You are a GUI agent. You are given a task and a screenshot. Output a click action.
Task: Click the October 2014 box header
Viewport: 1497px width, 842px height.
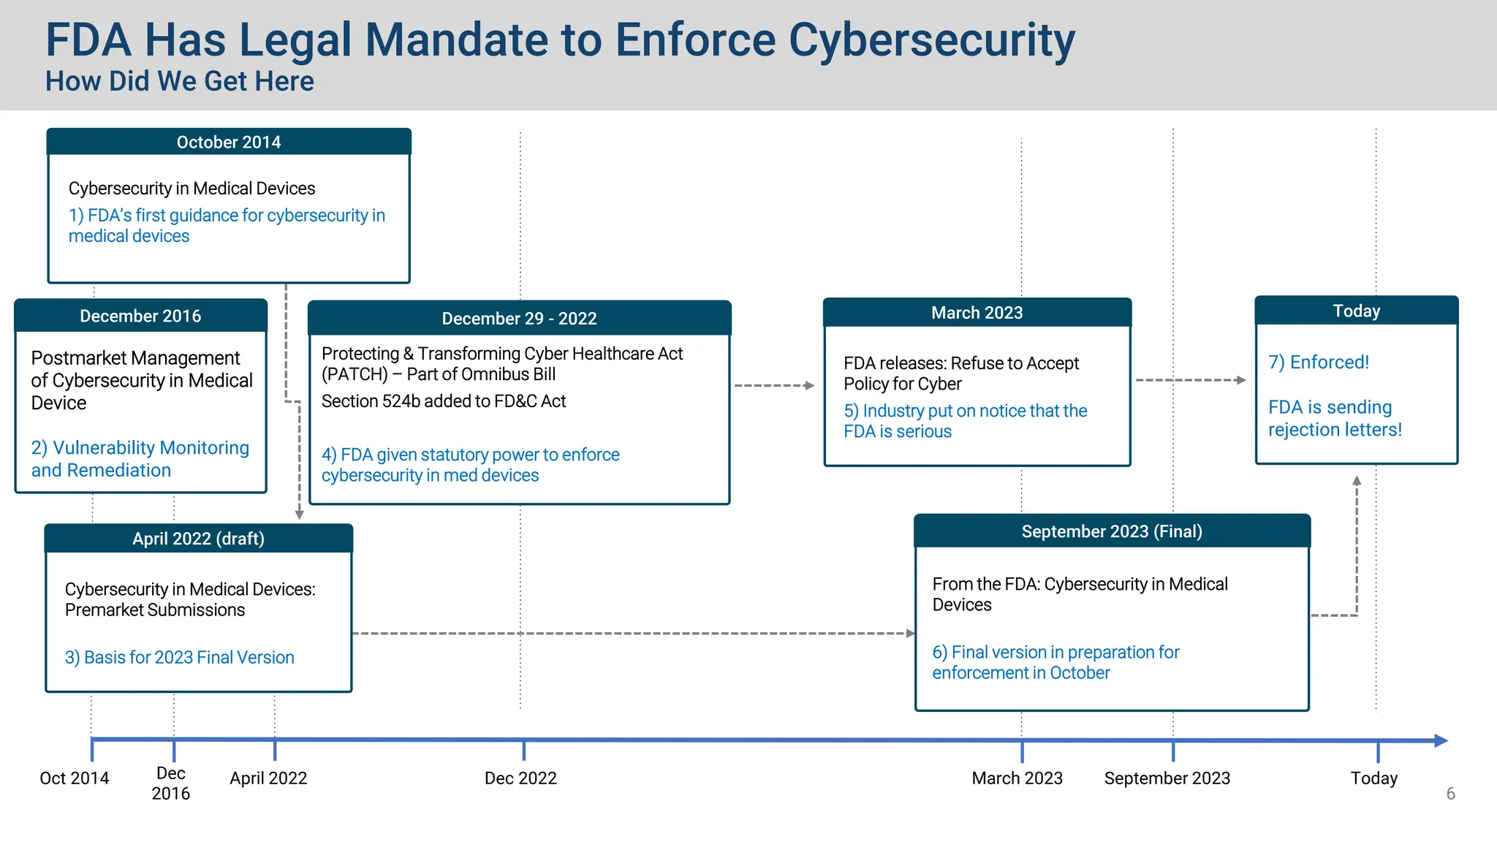click(x=228, y=142)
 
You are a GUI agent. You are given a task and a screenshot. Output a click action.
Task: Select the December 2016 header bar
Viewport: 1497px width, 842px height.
click(x=140, y=316)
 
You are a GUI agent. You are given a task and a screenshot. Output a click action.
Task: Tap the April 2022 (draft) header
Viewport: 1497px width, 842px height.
click(x=198, y=539)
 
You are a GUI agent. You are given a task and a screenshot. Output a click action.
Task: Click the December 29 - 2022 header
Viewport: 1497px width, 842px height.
click(x=519, y=319)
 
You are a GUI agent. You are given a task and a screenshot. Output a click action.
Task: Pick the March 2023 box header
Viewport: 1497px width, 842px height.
click(x=977, y=313)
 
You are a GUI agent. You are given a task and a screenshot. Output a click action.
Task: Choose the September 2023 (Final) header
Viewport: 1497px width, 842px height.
click(x=1111, y=531)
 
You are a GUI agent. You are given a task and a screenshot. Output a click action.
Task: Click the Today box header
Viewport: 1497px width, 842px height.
click(x=1356, y=311)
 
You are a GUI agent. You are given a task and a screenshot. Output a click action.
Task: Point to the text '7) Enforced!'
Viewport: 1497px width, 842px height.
click(x=1318, y=363)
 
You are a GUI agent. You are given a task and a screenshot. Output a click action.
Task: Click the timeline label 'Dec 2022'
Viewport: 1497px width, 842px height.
click(x=520, y=778)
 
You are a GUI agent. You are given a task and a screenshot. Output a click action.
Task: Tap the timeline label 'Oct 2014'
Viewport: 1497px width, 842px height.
click(x=74, y=778)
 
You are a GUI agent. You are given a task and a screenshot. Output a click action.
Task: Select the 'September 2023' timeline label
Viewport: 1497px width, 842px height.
click(x=1167, y=778)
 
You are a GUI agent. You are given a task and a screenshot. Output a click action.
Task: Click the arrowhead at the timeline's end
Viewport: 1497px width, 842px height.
click(x=1441, y=740)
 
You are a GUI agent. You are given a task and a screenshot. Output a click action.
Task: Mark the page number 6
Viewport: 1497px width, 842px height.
click(x=1450, y=794)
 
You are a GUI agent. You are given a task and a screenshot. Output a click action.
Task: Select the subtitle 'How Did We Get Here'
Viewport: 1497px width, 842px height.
click(x=180, y=81)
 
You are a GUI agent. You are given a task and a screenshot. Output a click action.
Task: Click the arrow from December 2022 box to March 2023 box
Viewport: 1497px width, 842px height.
click(x=774, y=385)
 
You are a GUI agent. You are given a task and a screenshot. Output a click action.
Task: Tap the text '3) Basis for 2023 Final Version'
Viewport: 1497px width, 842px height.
click(x=179, y=658)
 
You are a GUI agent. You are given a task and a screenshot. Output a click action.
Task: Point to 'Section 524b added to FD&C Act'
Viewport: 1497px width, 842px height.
click(x=444, y=401)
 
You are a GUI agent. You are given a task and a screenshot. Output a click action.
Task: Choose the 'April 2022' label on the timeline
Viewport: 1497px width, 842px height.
click(x=268, y=778)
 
